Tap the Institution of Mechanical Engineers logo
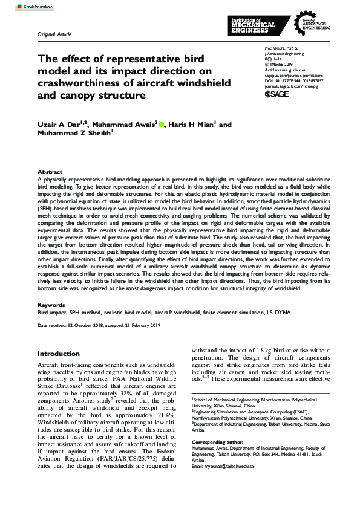pos(254,25)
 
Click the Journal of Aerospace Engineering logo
pos(314,25)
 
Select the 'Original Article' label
pos(54,34)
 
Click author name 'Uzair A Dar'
pos(59,125)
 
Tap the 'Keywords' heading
pos(51,305)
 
